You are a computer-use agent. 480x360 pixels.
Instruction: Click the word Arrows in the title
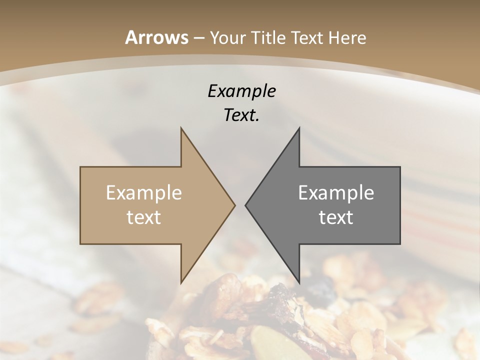[156, 37]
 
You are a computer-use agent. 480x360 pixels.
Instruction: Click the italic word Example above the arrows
[241, 91]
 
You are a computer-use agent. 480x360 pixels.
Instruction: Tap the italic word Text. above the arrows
[241, 115]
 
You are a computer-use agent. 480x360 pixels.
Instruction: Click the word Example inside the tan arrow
[144, 192]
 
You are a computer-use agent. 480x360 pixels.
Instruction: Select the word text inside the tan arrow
[144, 217]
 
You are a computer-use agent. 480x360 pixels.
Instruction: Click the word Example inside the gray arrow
[336, 192]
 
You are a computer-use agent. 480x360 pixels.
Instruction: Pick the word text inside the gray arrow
[336, 217]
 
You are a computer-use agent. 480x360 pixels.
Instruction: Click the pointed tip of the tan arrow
[234, 205]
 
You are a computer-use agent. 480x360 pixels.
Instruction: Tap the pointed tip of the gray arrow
[245, 205]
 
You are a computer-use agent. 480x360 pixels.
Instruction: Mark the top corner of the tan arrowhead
[181, 128]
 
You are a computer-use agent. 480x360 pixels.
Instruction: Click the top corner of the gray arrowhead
[299, 128]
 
